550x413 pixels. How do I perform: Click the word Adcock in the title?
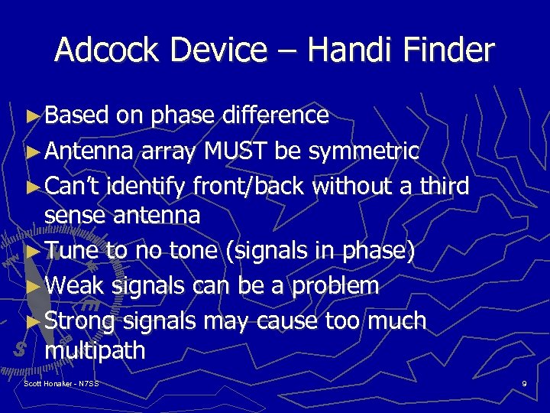click(102, 51)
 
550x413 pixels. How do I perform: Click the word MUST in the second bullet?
click(235, 151)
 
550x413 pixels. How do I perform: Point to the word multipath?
click(95, 351)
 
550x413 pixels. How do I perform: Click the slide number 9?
click(524, 382)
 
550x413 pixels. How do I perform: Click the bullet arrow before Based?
click(31, 116)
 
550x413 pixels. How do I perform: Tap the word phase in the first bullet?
click(183, 116)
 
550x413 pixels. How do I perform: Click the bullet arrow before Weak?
click(31, 286)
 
